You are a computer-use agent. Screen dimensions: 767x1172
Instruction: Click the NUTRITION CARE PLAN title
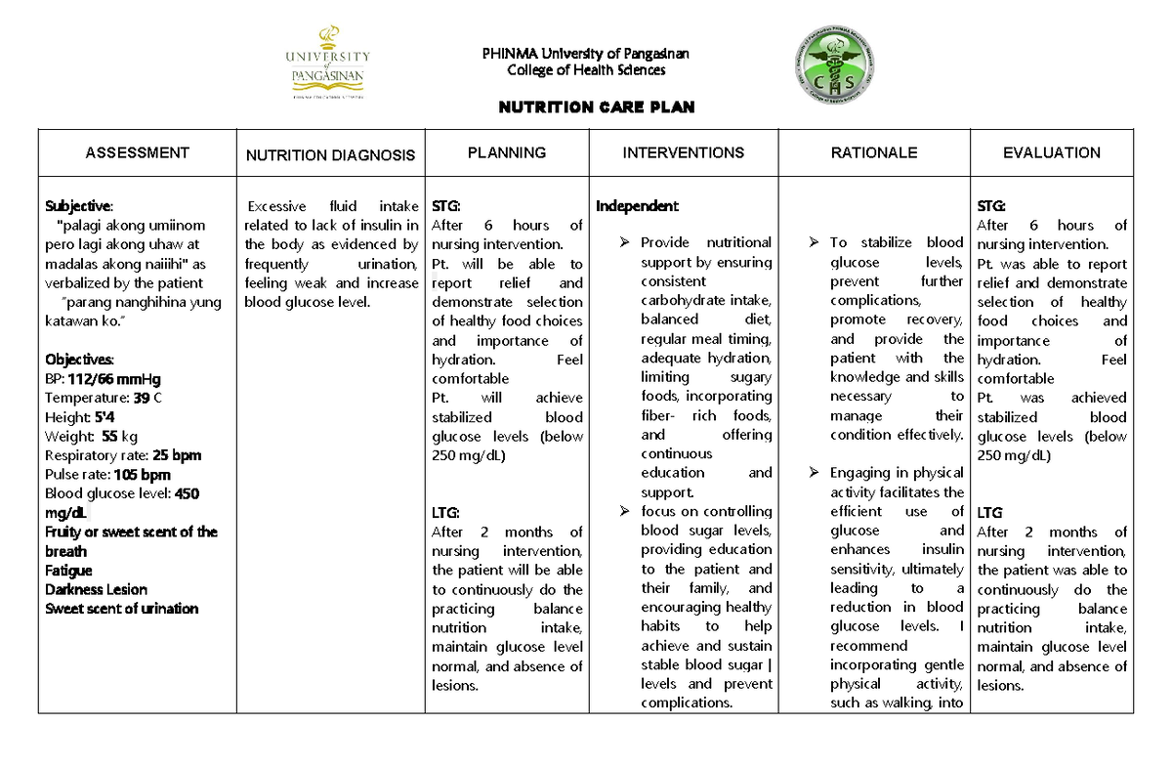[x=596, y=107]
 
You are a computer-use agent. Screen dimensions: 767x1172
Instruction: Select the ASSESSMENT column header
[x=137, y=152]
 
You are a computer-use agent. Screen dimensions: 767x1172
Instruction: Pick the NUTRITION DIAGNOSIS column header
[x=330, y=154]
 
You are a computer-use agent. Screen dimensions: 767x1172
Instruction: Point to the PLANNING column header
[x=506, y=152]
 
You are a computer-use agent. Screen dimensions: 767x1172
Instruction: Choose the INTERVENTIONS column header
[x=684, y=152]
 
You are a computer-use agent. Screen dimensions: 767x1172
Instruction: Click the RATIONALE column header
[x=873, y=152]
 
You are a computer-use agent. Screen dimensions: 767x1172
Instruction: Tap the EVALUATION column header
[x=1051, y=152]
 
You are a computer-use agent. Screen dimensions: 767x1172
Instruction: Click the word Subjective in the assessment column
[x=79, y=206]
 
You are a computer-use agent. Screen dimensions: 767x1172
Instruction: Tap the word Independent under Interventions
[x=637, y=206]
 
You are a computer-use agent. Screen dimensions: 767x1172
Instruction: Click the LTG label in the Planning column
[x=445, y=513]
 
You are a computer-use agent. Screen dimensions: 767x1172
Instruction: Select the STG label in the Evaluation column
[x=992, y=206]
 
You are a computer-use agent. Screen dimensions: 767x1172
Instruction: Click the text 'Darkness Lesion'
[x=96, y=590]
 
